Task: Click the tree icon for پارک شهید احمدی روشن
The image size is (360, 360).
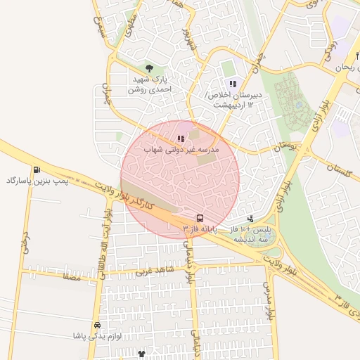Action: coord(148,68)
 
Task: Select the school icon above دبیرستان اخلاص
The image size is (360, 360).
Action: coord(233,84)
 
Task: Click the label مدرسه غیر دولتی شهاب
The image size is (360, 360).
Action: coord(182,150)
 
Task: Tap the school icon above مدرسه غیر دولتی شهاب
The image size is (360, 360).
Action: coord(181,139)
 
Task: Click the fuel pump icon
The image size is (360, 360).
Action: coord(36,169)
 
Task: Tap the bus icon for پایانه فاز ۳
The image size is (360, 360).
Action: coord(200,218)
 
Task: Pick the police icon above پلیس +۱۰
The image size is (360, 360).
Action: coord(250,219)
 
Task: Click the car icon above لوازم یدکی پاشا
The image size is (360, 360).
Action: coord(97,326)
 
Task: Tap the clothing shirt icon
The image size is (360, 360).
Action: coord(141,354)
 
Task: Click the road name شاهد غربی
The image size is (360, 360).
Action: coord(153,269)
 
